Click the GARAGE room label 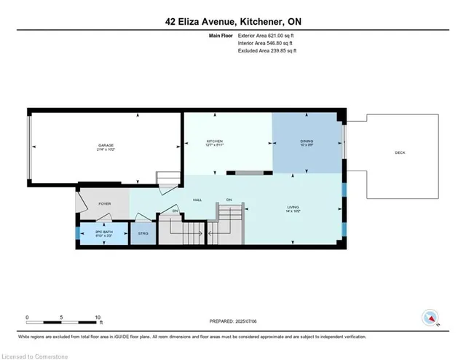(x=106, y=146)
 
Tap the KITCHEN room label (x=214, y=141)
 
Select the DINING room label (x=307, y=141)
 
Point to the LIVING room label (x=293, y=208)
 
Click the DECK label (x=400, y=152)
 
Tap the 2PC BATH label (x=105, y=232)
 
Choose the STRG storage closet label (x=143, y=234)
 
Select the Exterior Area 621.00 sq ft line (x=269, y=34)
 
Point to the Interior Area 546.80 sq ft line (x=268, y=42)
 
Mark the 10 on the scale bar (x=98, y=317)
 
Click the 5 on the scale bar (x=63, y=317)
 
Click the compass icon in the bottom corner (x=430, y=318)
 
